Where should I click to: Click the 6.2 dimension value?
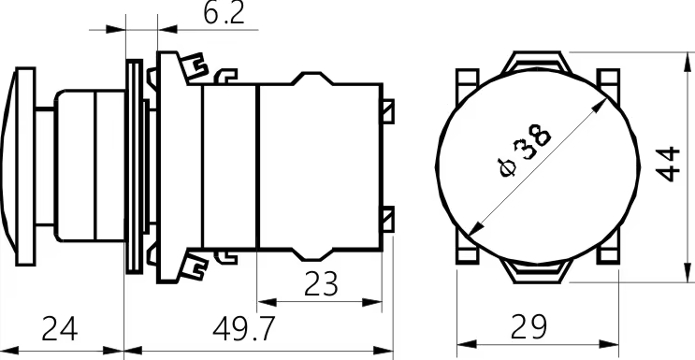224,14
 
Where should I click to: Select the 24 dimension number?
59,328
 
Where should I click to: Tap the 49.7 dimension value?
244,328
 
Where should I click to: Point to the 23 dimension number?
321,284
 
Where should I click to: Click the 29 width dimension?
528,326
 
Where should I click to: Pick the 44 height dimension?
668,164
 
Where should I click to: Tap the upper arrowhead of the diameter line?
600,106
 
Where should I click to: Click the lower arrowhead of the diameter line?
476,228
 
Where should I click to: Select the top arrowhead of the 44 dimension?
688,62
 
